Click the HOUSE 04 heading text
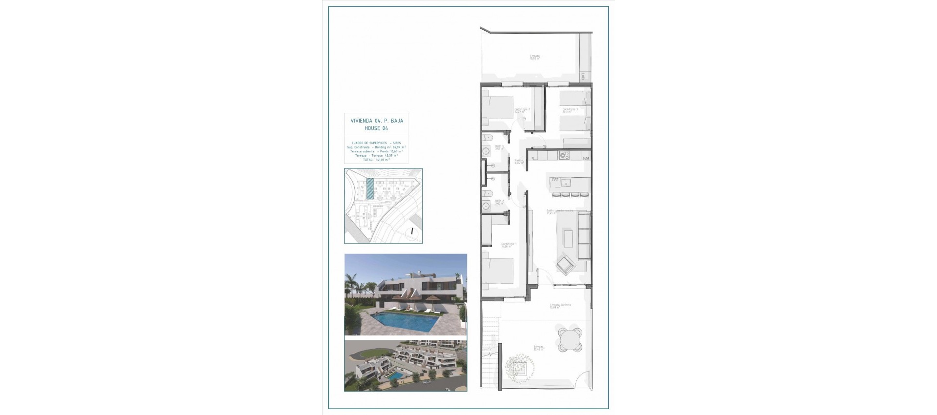pos(376,128)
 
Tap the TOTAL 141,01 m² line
pos(376,160)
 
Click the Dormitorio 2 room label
pos(523,110)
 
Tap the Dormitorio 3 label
pos(570,110)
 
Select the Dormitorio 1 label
pos(509,245)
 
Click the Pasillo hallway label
pos(519,161)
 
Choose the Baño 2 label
pos(499,201)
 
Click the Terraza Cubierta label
pos(560,306)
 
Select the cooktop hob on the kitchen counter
pos(564,156)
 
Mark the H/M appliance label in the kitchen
pos(586,158)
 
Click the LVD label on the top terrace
pos(583,76)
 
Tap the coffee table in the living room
pos(569,239)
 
